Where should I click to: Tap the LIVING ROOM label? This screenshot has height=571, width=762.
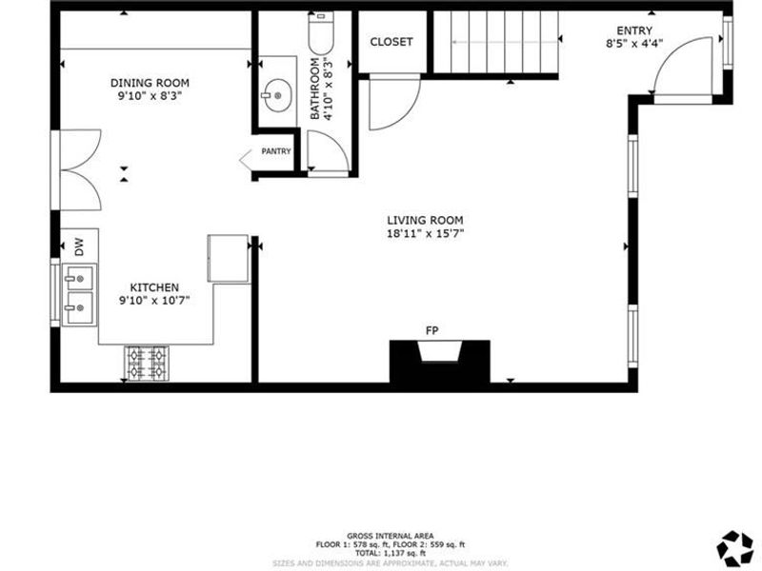[425, 220]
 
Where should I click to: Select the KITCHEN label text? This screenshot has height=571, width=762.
[154, 286]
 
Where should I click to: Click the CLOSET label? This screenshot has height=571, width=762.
[391, 42]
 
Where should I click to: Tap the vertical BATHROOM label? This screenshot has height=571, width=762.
[315, 88]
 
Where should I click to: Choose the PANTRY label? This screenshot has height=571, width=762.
[277, 151]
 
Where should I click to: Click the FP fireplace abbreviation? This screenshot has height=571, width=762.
[431, 330]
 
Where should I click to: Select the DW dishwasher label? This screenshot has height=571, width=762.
[80, 248]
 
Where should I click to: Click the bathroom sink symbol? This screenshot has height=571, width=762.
[277, 95]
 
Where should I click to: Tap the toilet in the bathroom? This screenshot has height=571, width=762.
[320, 34]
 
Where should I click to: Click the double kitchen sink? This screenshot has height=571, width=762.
[80, 295]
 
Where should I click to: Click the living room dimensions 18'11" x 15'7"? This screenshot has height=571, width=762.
[425, 233]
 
